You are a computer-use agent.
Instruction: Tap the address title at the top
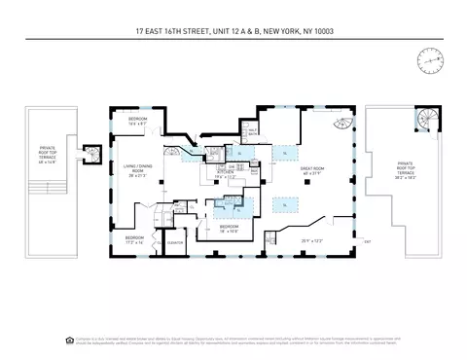pyautogui.click(x=233, y=30)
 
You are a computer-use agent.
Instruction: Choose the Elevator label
pyautogui.click(x=175, y=242)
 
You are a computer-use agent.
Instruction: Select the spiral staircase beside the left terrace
pyautogui.click(x=91, y=153)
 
